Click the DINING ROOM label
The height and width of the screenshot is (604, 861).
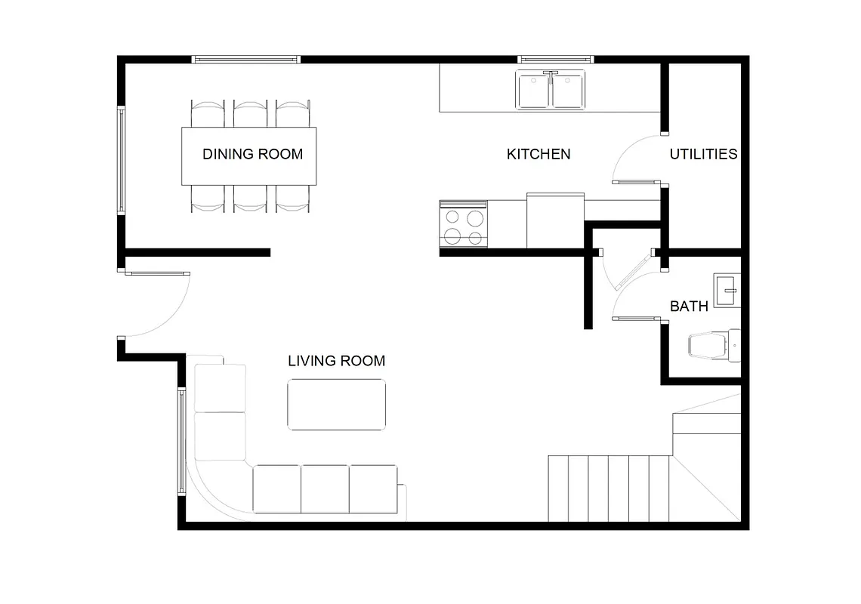(252, 154)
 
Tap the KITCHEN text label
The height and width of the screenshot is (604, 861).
(538, 154)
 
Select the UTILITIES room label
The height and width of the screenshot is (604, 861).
(703, 154)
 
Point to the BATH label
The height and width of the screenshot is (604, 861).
(689, 306)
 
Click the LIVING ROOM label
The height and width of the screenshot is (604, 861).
(336, 361)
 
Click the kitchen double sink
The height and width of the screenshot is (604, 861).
(551, 91)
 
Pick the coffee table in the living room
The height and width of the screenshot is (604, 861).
(336, 405)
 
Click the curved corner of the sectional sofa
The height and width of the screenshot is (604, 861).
(219, 487)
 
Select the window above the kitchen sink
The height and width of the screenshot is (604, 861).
(556, 59)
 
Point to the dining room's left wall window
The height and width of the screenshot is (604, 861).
(121, 160)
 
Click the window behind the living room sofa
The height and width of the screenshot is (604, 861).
(181, 441)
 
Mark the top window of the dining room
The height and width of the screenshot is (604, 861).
(246, 59)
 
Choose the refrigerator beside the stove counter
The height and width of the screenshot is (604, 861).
(555, 220)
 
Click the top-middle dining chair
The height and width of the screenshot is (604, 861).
(249, 113)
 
